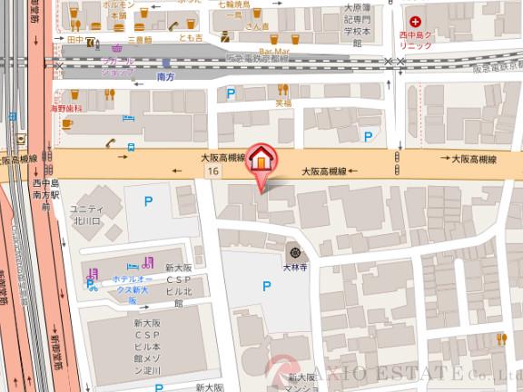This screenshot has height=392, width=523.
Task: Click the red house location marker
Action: (x=261, y=159)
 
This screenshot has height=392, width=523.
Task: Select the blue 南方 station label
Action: (x=165, y=79)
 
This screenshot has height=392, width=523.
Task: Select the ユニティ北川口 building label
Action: (x=88, y=214)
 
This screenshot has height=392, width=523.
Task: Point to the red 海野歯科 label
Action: (x=67, y=107)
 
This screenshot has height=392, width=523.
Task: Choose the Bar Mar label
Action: (x=273, y=52)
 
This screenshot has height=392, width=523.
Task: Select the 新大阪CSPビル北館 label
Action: (x=179, y=286)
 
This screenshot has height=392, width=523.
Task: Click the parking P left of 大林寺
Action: (x=266, y=286)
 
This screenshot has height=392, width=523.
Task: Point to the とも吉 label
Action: (x=191, y=40)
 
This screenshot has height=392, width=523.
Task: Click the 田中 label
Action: (x=75, y=40)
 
